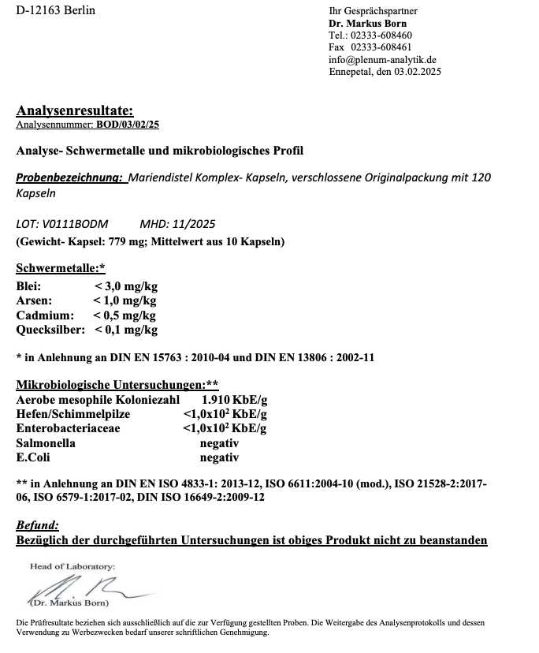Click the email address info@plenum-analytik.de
(x=382, y=59)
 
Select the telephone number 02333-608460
(x=381, y=35)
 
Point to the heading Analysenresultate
(x=75, y=110)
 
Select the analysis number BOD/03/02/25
(x=128, y=125)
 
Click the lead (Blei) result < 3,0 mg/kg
(x=125, y=287)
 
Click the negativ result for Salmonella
(x=219, y=442)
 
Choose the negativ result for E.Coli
(x=219, y=457)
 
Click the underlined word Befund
(x=38, y=525)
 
